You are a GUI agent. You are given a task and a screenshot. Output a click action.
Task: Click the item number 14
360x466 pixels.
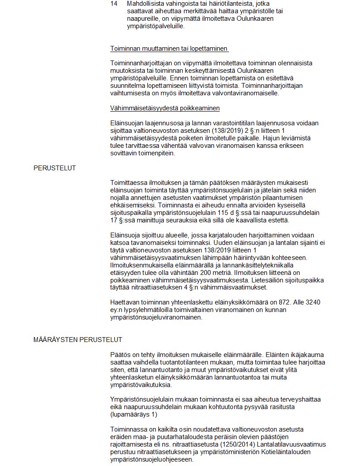click(x=114, y=4)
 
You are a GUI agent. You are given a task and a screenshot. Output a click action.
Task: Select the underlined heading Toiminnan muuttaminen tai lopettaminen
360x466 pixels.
click(x=169, y=48)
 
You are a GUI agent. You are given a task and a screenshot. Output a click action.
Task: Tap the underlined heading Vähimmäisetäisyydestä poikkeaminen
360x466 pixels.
click(x=165, y=108)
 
